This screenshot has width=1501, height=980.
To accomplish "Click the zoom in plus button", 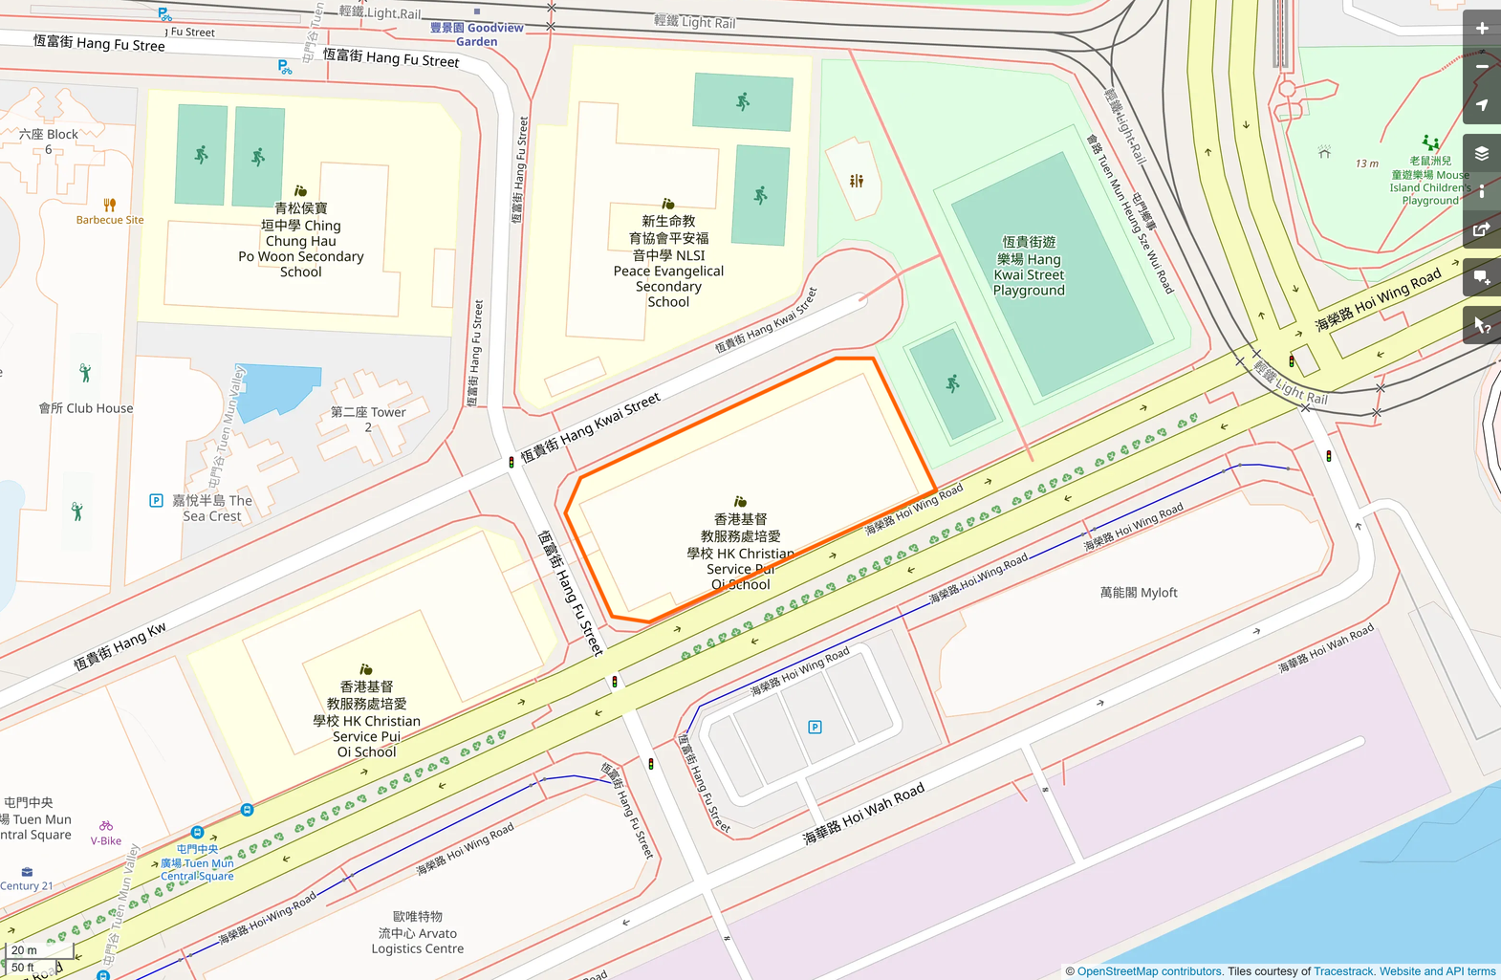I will [1482, 28].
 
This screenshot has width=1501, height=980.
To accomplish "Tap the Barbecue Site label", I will [110, 220].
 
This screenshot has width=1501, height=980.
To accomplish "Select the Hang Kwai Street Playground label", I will [1029, 267].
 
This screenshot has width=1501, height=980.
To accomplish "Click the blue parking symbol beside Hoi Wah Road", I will [815, 728].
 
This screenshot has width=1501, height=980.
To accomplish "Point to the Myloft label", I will [1139, 593].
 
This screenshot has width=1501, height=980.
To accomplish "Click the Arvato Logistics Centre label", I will [418, 932].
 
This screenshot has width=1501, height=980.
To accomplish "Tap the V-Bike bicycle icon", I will [106, 826].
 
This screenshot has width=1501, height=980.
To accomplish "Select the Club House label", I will [86, 408].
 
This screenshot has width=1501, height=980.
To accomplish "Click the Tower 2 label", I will [368, 419].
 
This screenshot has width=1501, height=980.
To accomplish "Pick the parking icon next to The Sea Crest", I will [156, 500].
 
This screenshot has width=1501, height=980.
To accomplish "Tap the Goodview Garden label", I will [476, 34].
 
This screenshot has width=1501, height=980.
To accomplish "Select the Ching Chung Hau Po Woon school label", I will [301, 240].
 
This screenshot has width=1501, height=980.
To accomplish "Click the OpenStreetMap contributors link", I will [1149, 971].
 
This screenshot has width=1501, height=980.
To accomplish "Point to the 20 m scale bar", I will [25, 950].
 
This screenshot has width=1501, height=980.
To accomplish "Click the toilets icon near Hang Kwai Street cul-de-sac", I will [857, 181].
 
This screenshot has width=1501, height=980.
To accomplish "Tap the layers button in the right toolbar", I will [1482, 154].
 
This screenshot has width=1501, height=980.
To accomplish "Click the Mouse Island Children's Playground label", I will [1430, 181].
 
